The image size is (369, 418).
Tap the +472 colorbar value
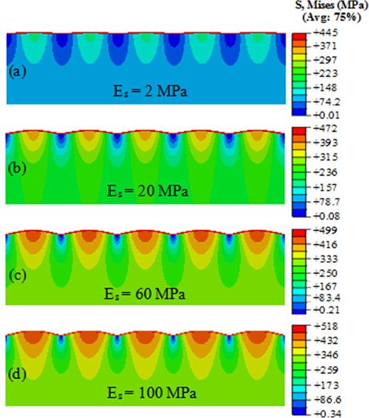click(322, 131)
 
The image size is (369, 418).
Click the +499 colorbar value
click(322, 231)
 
